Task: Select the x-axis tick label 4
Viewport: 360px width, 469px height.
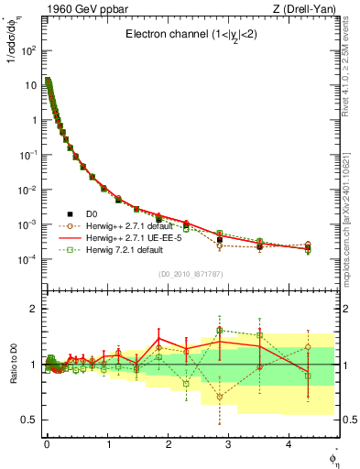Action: point(289,442)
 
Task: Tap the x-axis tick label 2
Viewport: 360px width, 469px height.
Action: point(168,442)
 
